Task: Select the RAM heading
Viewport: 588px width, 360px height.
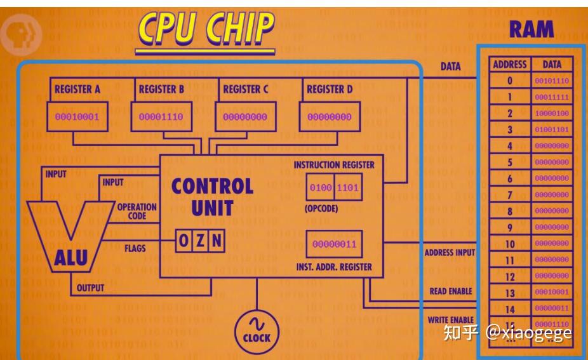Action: click(x=531, y=30)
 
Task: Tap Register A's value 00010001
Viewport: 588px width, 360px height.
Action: click(x=77, y=117)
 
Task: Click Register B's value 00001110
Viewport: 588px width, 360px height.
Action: click(x=161, y=117)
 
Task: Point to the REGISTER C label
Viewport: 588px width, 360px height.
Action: click(x=245, y=90)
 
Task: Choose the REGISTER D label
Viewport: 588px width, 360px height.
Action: click(x=329, y=90)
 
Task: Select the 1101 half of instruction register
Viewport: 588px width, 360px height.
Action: click(x=349, y=188)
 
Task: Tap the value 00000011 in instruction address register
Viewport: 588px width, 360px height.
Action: click(x=335, y=244)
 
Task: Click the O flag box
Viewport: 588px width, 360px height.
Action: click(x=184, y=241)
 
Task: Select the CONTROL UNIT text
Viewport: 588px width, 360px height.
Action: click(x=212, y=196)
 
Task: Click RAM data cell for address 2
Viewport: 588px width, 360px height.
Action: click(x=551, y=113)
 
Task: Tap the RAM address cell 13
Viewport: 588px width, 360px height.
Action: click(x=510, y=293)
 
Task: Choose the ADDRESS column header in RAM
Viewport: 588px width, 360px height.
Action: click(x=510, y=64)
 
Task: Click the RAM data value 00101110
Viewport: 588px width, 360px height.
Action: click(x=551, y=81)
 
